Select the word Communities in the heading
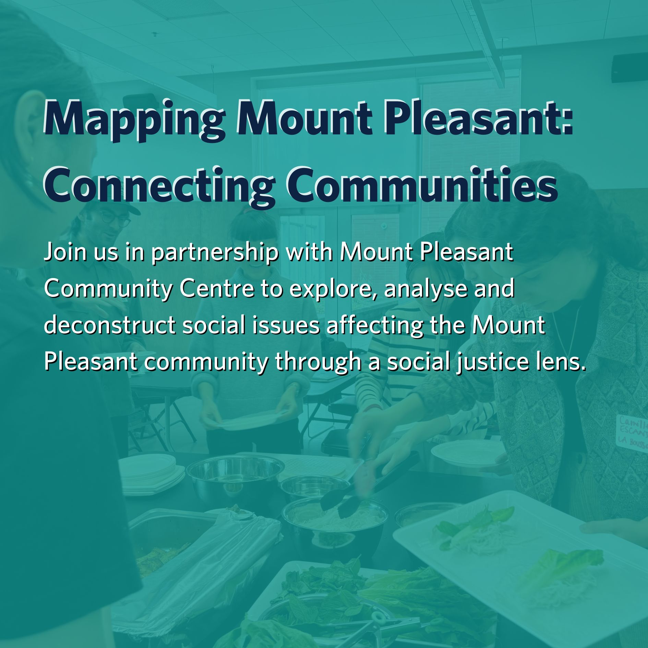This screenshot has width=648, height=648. tap(422, 185)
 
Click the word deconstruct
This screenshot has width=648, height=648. tap(110, 325)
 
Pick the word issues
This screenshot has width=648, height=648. tap(286, 325)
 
